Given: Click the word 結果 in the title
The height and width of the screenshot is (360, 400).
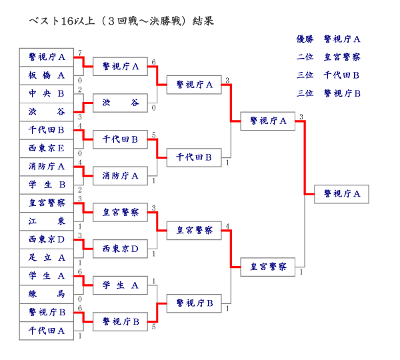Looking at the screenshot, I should (203, 21).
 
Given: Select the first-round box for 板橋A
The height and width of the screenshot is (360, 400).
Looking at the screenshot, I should (47, 75).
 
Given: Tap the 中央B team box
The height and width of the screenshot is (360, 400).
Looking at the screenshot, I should (47, 93).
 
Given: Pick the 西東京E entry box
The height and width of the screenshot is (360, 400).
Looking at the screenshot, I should (47, 148).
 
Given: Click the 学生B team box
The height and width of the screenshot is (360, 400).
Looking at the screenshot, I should (47, 184).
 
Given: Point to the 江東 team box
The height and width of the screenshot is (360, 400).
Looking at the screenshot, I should (47, 221).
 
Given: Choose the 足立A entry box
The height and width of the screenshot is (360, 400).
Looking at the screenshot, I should (47, 257).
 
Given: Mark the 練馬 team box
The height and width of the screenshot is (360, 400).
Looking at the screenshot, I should (47, 293).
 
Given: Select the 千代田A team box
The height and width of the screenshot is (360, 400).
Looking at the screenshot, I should (47, 330).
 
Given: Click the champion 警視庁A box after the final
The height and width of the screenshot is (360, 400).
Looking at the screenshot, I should (341, 194).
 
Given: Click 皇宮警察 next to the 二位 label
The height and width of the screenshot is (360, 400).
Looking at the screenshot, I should (342, 57).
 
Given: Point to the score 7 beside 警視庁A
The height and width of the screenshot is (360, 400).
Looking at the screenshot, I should (80, 53).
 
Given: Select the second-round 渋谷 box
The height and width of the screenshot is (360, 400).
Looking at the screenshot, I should (120, 103).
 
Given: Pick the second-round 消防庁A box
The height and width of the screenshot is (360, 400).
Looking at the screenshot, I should (120, 176).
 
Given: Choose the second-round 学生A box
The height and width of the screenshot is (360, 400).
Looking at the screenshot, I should (120, 285).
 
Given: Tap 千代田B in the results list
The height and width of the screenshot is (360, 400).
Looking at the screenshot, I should (342, 75).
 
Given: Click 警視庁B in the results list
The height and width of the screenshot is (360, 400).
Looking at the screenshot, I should (342, 93).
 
